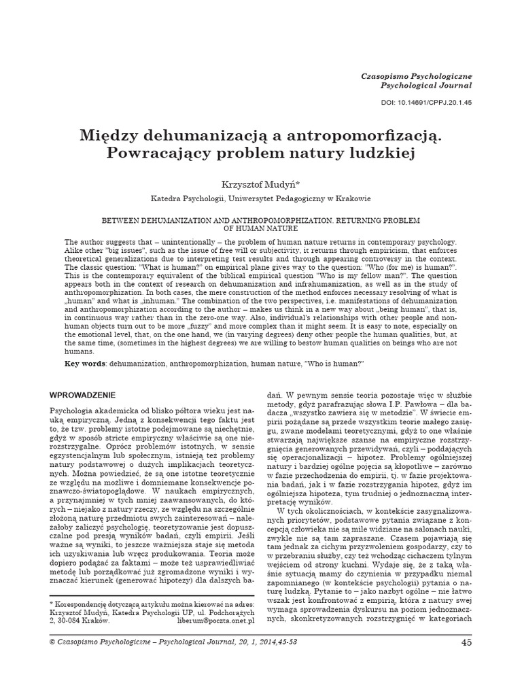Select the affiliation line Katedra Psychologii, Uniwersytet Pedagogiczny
tap(260, 198)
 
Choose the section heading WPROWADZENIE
tap(84, 395)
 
